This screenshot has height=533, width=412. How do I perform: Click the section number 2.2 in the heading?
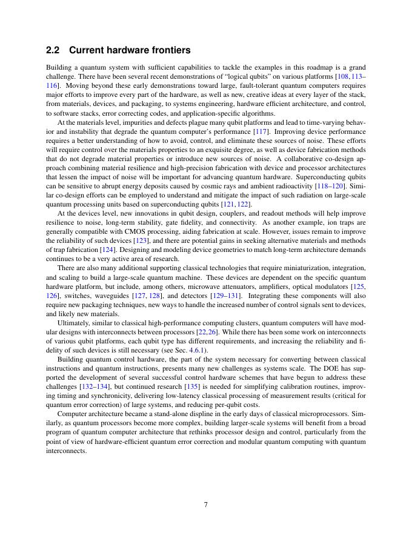click(55, 50)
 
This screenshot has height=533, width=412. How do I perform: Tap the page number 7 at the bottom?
click(206, 505)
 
